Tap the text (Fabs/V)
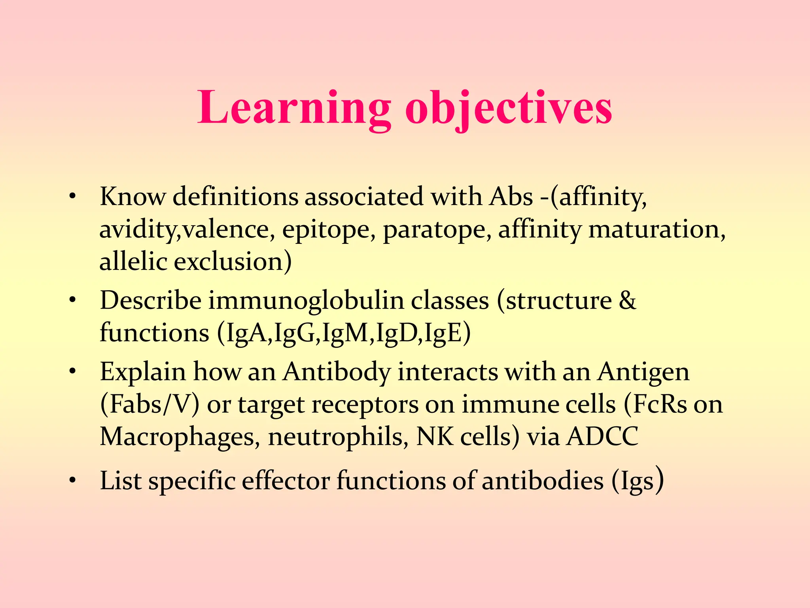150,405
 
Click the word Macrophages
180,437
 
